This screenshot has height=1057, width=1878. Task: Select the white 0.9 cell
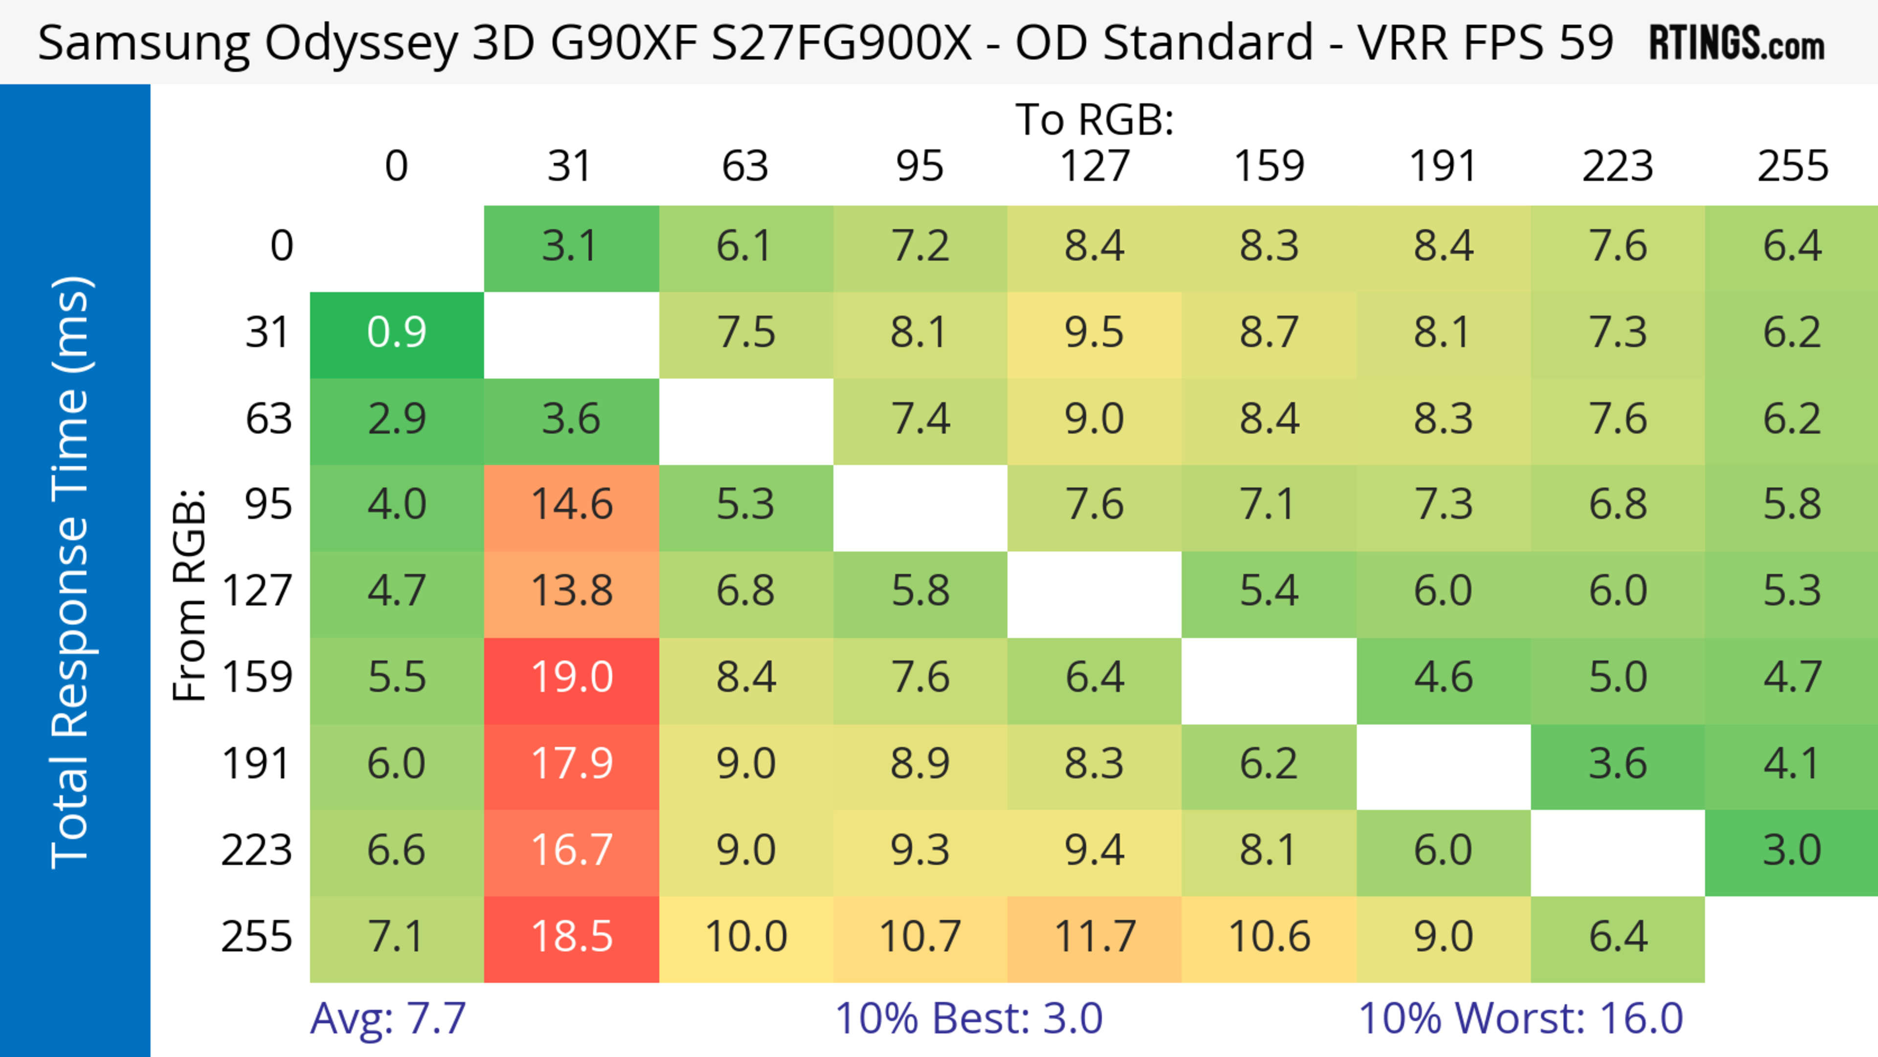click(x=397, y=333)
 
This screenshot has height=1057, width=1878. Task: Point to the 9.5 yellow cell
click(x=1095, y=333)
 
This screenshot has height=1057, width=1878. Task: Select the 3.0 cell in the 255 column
click(x=1792, y=851)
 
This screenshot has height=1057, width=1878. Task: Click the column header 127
click(x=1095, y=166)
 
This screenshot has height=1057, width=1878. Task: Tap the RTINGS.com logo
click(x=1737, y=44)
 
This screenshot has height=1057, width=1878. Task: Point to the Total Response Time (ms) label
click(x=71, y=572)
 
